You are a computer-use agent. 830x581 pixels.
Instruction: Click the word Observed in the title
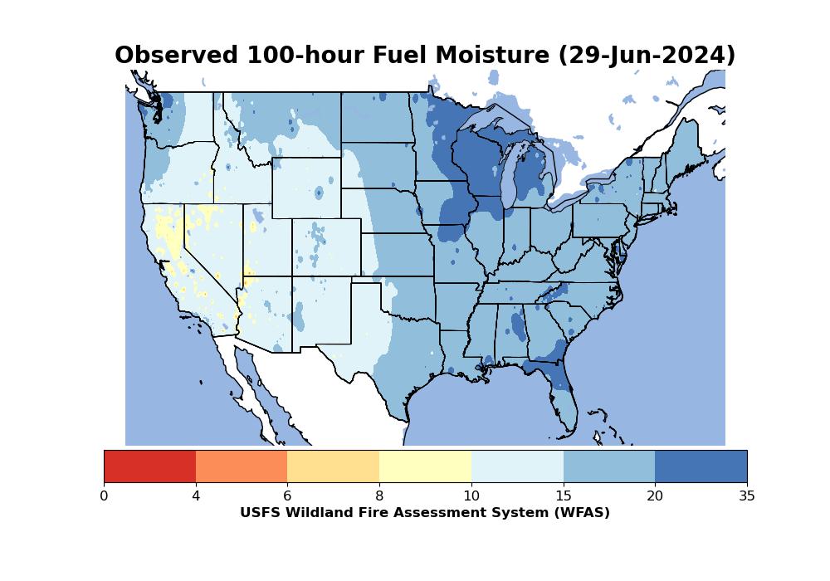tap(176, 55)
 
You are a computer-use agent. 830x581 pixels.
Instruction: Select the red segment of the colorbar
tap(149, 466)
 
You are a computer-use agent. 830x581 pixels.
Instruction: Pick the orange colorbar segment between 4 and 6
tap(242, 466)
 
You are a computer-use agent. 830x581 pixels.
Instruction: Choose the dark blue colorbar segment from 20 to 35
tap(701, 466)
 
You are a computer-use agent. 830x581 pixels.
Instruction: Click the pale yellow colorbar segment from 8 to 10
tap(425, 466)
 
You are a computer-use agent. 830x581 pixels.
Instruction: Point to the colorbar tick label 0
tap(104, 496)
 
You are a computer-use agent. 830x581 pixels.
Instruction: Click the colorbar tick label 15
tap(564, 496)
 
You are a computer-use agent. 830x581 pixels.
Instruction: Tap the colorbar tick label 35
tap(747, 496)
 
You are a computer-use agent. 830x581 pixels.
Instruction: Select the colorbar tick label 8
tap(379, 496)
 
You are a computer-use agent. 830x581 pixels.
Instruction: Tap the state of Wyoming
tap(306, 188)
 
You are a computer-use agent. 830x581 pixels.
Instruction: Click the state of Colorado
tap(326, 247)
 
